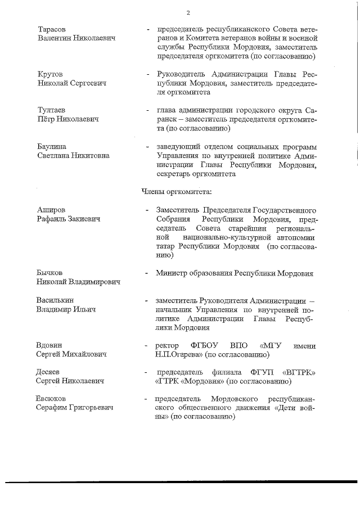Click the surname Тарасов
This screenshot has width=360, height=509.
tap(51, 29)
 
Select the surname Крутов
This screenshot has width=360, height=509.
tap(50, 74)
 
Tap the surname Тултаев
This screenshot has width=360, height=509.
tap(51, 111)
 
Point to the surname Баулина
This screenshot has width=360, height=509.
tap(52, 147)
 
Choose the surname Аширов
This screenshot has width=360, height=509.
tap(51, 210)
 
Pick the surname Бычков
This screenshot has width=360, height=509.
tap(50, 273)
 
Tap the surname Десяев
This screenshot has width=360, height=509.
tap(49, 372)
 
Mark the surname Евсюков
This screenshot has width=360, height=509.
tap(52, 399)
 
